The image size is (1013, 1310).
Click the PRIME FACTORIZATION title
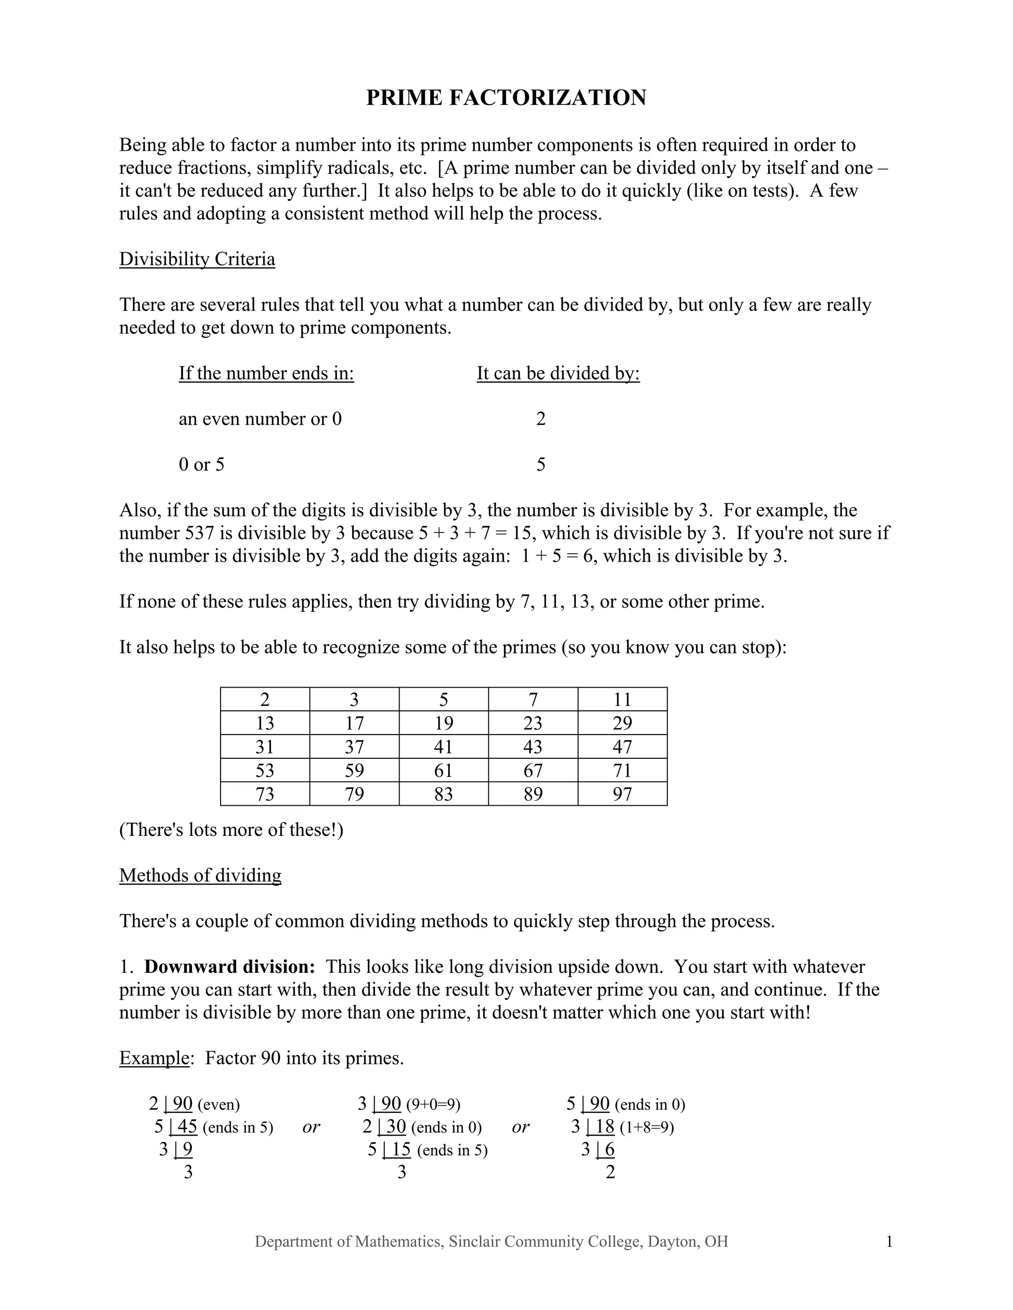506,98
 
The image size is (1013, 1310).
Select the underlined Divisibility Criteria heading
197,259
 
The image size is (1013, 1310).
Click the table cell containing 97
622,794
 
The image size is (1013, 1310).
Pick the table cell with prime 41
444,747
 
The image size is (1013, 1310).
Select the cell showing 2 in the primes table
265,699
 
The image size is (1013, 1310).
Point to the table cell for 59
354,770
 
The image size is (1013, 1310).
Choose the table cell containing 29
622,723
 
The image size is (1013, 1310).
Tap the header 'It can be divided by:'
558,373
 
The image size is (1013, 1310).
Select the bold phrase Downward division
230,967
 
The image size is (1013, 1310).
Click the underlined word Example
154,1058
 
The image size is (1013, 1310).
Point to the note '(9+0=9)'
433,1104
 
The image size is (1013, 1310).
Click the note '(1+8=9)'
646,1128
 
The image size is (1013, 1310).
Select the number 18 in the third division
604,1127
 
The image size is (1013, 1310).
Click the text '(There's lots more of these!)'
231,830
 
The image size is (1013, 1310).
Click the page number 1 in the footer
889,1242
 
